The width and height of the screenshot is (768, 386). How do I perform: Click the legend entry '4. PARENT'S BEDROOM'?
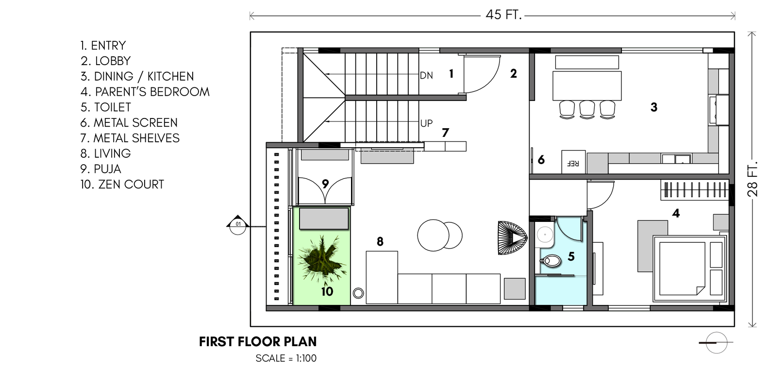tap(145, 92)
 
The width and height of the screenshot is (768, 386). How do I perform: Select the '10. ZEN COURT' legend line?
tap(122, 185)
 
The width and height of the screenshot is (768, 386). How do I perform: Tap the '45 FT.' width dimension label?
tap(503, 15)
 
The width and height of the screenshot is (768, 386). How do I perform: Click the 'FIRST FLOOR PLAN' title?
tap(258, 342)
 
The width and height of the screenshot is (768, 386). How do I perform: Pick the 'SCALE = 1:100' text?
tap(286, 358)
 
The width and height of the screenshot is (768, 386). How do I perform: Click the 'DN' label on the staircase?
tap(427, 75)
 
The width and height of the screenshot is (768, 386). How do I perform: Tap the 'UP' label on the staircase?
tap(427, 123)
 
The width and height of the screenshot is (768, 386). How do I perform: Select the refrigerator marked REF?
tap(573, 162)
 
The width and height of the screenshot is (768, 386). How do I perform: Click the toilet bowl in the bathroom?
tap(551, 261)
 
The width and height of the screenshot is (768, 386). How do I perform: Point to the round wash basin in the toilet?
tap(544, 235)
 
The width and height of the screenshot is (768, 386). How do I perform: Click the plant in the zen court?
tap(321, 259)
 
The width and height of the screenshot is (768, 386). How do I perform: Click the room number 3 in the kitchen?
tap(654, 107)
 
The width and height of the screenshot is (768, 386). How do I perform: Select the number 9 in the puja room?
tap(325, 184)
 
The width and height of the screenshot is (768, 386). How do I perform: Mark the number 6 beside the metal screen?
tap(541, 160)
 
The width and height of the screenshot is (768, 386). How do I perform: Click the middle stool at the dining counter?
tap(587, 109)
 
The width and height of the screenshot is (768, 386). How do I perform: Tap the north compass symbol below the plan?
tap(717, 342)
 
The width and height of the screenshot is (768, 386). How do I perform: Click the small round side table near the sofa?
tap(358, 293)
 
